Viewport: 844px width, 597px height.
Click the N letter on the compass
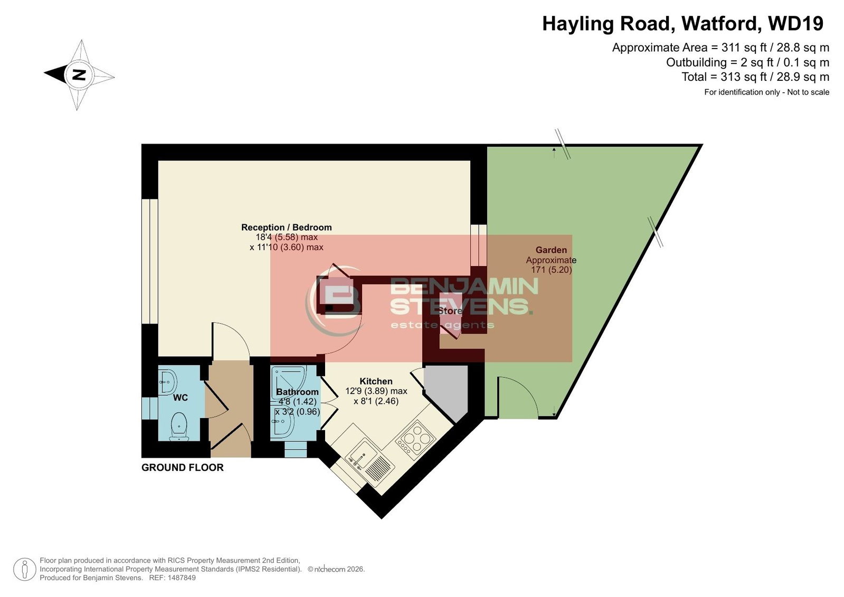pyautogui.click(x=79, y=75)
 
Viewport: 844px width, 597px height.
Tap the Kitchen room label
pyautogui.click(x=376, y=381)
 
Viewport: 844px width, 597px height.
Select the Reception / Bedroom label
pyautogui.click(x=287, y=228)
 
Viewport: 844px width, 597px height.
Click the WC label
pyautogui.click(x=180, y=397)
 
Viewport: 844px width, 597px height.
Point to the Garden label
pyautogui.click(x=551, y=250)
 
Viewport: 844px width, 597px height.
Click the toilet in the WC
pyautogui.click(x=179, y=427)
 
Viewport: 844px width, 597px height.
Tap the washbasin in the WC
pyautogui.click(x=168, y=382)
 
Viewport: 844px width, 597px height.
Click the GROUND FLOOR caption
pyautogui.click(x=182, y=467)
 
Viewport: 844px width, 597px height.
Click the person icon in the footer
pyautogui.click(x=24, y=569)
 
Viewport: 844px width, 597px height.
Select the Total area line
pyautogui.click(x=755, y=77)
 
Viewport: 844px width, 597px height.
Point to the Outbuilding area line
pyautogui.click(x=747, y=62)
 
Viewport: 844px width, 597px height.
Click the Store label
pyautogui.click(x=450, y=311)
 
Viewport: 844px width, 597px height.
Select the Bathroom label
pyautogui.click(x=297, y=392)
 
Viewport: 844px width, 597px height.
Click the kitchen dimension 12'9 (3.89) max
pyautogui.click(x=376, y=391)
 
